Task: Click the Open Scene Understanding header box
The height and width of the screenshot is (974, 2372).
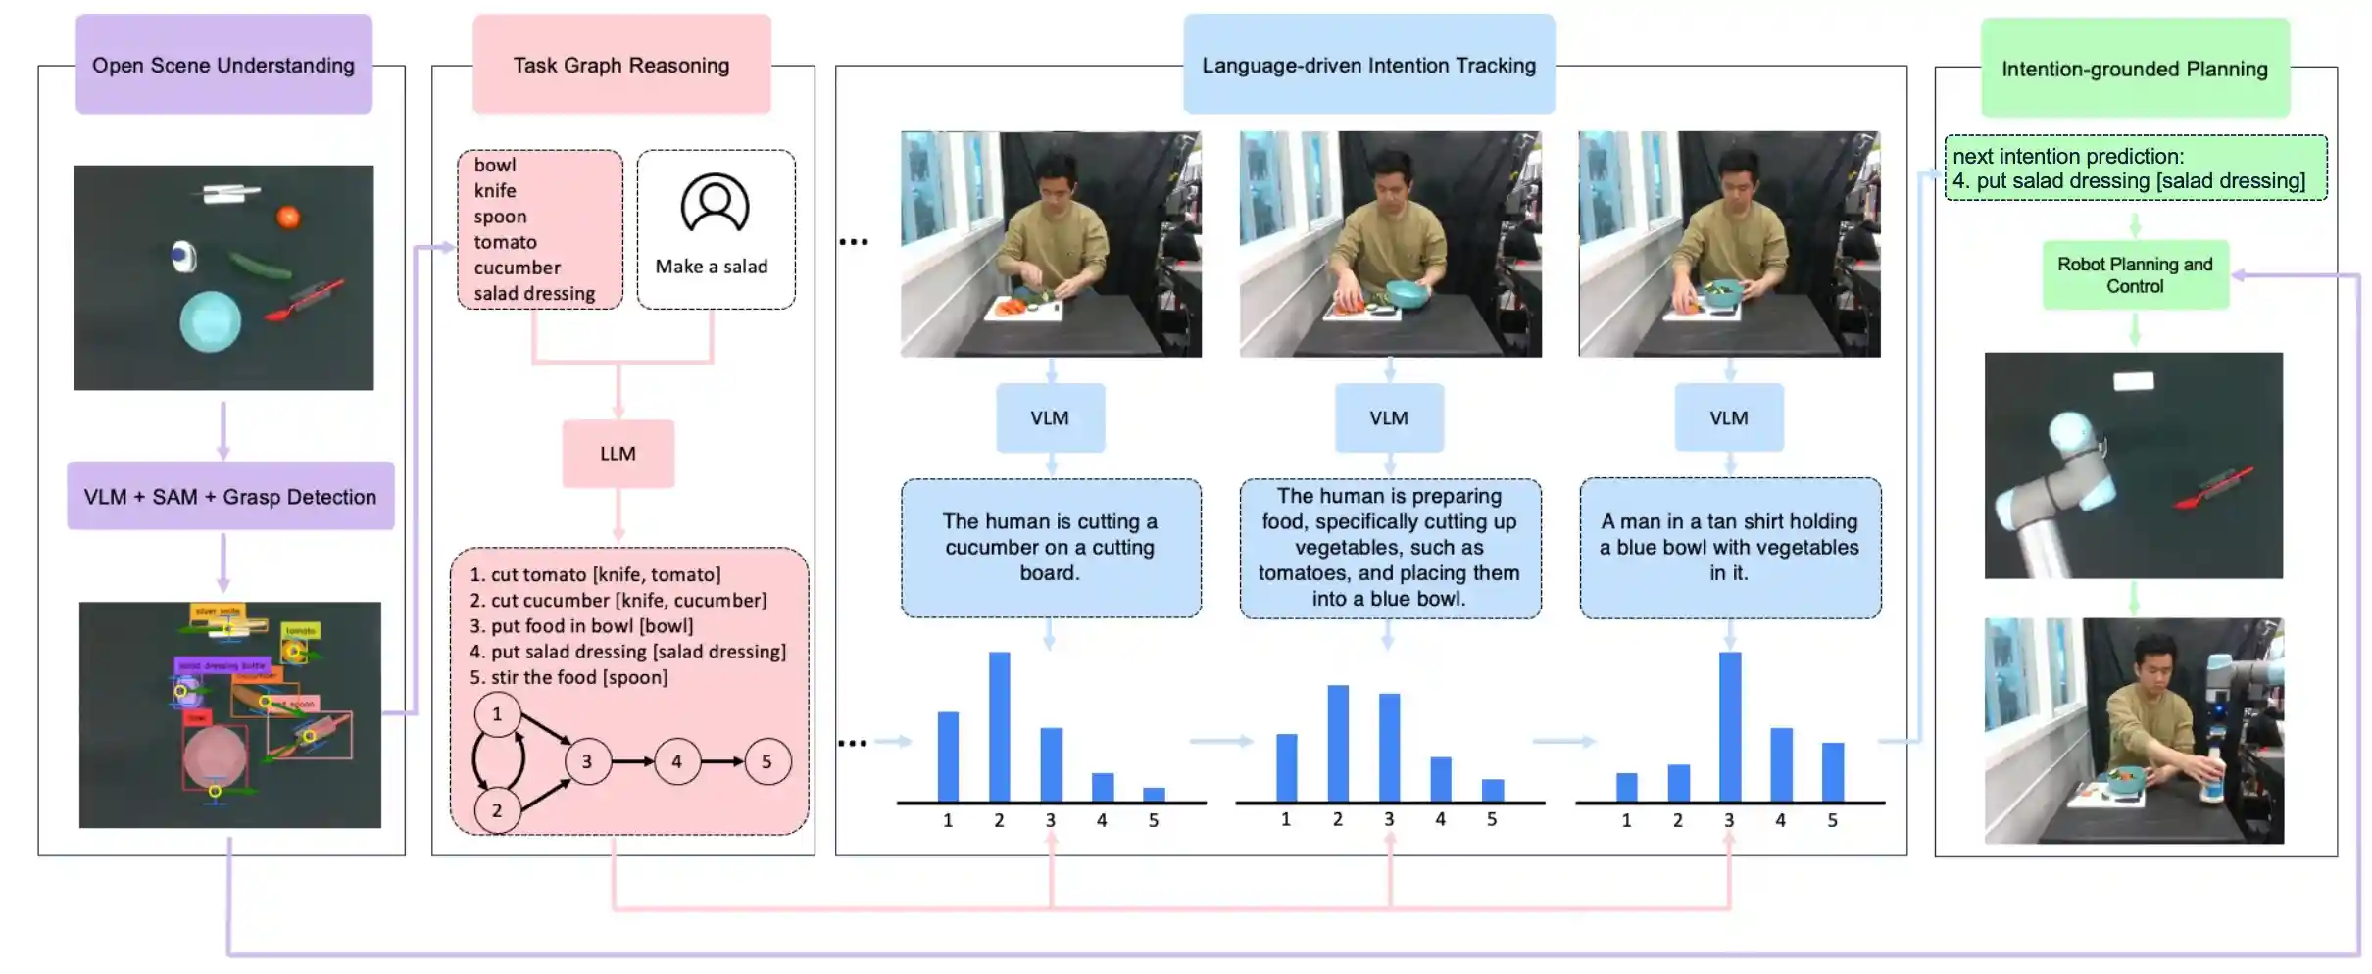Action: (x=223, y=65)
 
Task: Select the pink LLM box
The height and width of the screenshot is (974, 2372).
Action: (x=618, y=454)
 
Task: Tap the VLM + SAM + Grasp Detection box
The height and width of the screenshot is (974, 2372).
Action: (x=230, y=497)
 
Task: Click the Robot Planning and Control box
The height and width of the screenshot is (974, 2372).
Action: (x=2135, y=275)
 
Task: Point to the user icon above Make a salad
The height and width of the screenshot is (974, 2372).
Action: (x=715, y=204)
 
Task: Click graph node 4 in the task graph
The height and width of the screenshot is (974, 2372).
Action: (x=676, y=761)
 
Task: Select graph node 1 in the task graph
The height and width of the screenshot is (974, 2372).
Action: (x=497, y=714)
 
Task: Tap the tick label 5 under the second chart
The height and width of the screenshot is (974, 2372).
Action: (x=1491, y=819)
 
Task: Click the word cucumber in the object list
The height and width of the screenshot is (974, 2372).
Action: (x=518, y=268)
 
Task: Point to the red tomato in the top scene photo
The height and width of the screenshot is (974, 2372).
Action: (x=288, y=217)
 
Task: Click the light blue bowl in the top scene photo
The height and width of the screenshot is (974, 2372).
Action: (x=210, y=321)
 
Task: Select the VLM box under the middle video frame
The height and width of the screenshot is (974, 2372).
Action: (x=1389, y=418)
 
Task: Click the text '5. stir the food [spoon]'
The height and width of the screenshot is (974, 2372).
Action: (x=568, y=677)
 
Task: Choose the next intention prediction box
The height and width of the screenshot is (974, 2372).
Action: (x=2135, y=169)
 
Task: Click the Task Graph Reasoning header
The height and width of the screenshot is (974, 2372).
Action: (x=621, y=65)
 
